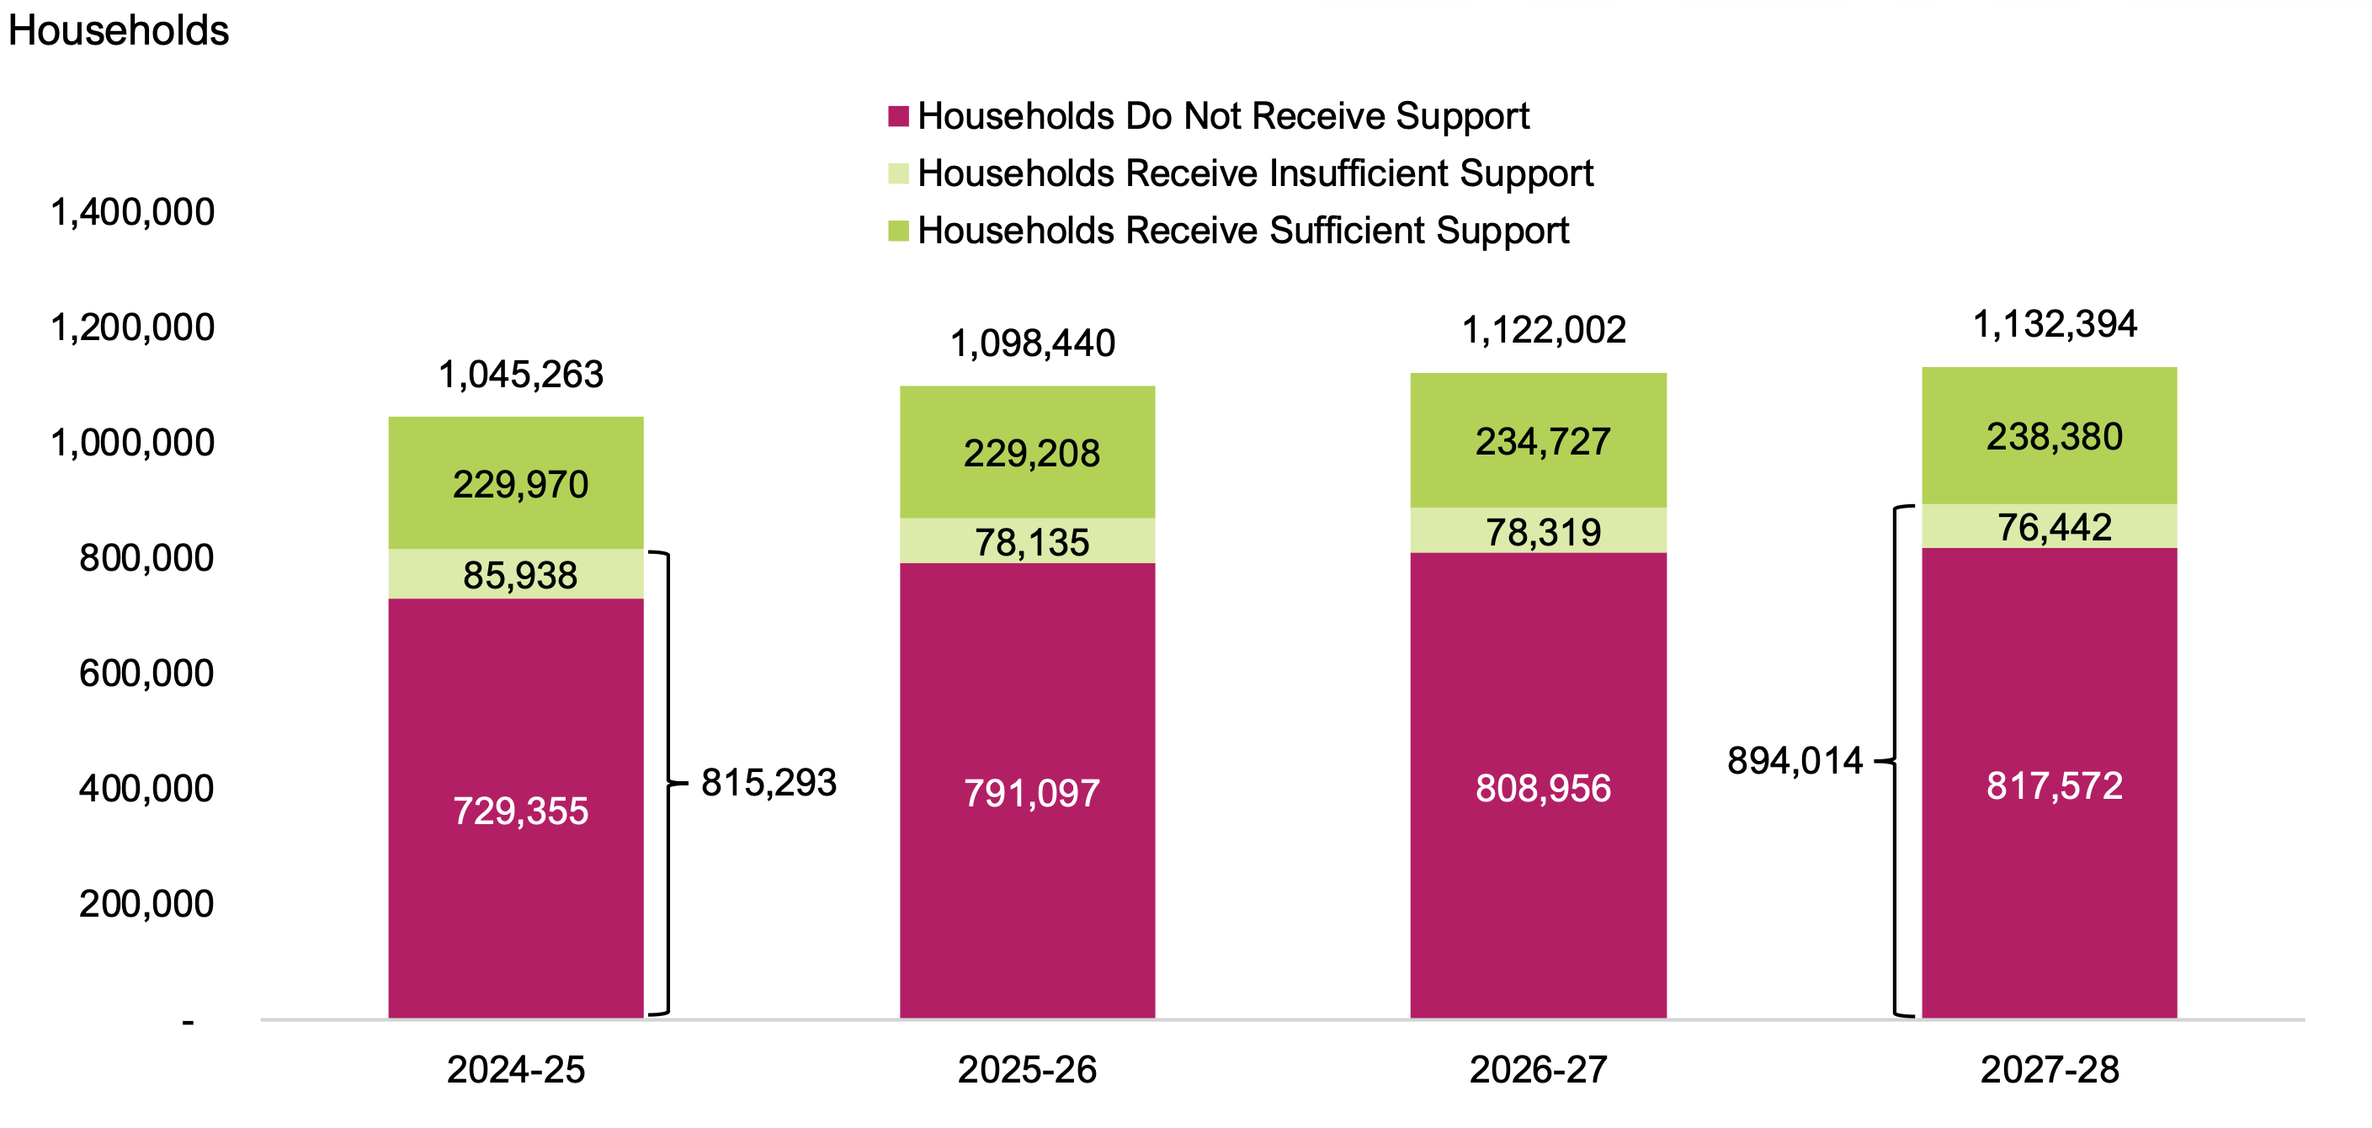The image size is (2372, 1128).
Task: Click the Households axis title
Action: tap(118, 31)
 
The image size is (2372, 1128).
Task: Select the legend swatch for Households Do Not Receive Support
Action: tap(898, 116)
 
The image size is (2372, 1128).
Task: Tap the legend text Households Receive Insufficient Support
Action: tap(1254, 173)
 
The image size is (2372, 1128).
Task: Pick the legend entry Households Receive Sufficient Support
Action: tap(1242, 230)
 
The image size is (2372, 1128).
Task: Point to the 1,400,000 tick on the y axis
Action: tap(133, 213)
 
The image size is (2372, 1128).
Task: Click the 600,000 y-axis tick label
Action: tap(146, 673)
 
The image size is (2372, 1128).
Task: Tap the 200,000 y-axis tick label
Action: tap(146, 904)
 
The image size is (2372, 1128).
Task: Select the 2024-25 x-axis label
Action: tap(516, 1070)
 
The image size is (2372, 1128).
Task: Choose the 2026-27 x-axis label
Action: tap(1538, 1070)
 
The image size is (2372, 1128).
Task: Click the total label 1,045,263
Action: tap(520, 375)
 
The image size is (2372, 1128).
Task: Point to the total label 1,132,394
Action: tap(2055, 324)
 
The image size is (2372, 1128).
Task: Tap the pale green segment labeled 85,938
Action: tap(516, 575)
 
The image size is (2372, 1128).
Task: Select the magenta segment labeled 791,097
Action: tap(1027, 792)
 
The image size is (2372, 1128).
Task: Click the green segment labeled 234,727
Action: tap(1538, 441)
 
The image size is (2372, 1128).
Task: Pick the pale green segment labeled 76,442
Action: tap(2050, 527)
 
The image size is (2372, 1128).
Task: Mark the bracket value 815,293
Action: tap(769, 783)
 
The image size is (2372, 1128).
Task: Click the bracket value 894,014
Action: tap(1795, 762)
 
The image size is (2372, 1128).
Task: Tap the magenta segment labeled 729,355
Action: tap(516, 811)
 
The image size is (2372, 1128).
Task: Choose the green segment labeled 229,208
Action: tap(1027, 453)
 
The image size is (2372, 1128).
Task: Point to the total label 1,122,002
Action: tap(1543, 330)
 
